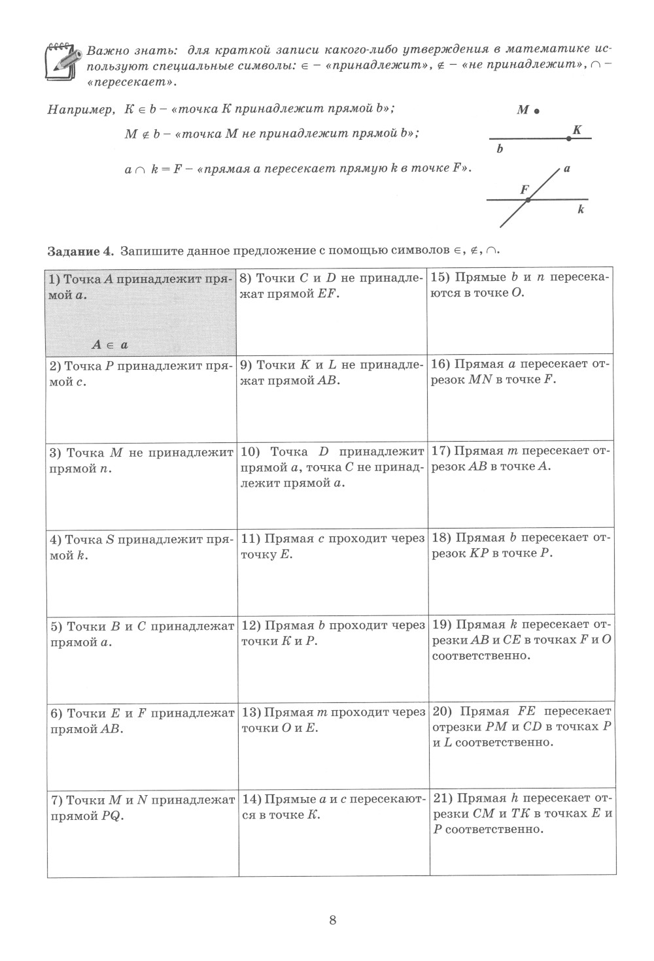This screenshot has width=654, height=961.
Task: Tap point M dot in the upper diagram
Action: coord(536,112)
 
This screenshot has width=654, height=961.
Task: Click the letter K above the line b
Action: coord(577,129)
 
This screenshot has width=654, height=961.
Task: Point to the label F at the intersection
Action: coord(524,189)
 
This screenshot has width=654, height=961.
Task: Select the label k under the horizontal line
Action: coord(581,210)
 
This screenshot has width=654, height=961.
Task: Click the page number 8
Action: coord(333,920)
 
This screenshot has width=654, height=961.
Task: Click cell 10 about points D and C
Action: coord(332,483)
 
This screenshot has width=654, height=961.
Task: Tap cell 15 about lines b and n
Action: coord(521,310)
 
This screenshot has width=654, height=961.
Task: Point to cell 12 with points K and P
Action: coord(332,658)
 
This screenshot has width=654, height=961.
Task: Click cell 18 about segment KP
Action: coord(521,571)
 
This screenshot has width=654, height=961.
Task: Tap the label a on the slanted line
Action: coord(566,169)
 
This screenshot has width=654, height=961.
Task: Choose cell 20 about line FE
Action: coord(521,745)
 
